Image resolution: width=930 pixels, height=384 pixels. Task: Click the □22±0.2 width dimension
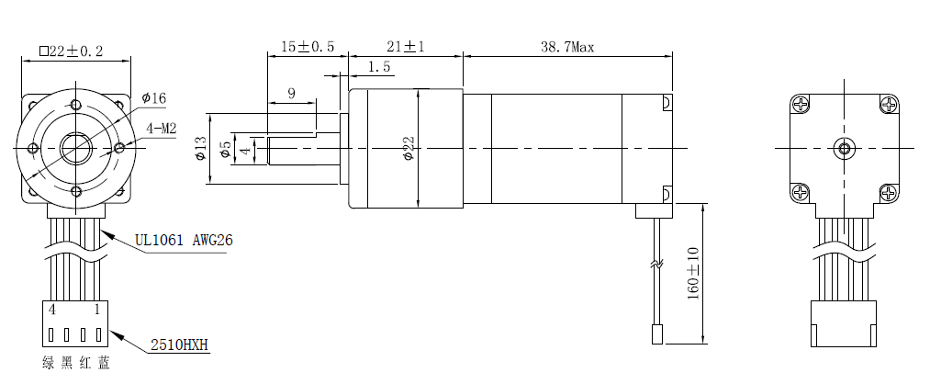tap(72, 51)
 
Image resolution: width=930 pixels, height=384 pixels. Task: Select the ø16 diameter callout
tap(154, 98)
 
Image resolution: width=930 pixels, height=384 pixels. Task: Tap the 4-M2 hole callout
tap(162, 130)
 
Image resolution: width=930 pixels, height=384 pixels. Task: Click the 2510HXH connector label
tap(180, 345)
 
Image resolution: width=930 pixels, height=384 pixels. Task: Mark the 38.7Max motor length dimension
tap(567, 47)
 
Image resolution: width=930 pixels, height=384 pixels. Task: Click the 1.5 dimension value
tap(379, 67)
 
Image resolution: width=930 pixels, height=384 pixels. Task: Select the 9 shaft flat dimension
tap(291, 92)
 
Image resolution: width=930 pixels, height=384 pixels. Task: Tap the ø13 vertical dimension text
tap(201, 149)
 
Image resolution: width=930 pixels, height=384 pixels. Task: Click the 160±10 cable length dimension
tap(693, 272)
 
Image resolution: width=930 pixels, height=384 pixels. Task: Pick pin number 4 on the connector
tap(52, 311)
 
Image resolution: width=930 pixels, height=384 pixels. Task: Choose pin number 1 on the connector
tap(96, 311)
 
